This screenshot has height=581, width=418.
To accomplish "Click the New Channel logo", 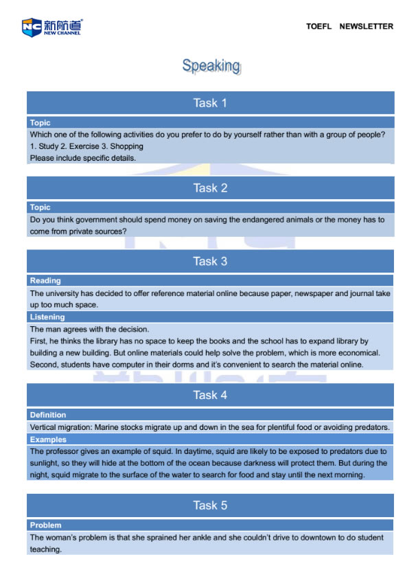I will [x=51, y=27].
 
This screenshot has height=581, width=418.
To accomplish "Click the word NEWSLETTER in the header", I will [x=367, y=27].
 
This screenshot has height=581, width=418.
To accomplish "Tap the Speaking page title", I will [x=211, y=66].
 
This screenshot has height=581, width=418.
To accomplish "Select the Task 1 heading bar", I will [x=210, y=103].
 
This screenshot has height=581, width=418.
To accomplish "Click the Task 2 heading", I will [x=210, y=188].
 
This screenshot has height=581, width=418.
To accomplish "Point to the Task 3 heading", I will [x=210, y=261].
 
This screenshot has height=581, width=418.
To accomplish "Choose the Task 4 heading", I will [x=210, y=395].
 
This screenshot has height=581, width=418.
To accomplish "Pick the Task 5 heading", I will [x=210, y=505].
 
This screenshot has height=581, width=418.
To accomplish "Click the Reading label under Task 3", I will [x=45, y=280].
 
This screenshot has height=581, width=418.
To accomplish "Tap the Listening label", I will [x=47, y=317].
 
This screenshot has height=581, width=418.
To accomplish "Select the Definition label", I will [x=48, y=415].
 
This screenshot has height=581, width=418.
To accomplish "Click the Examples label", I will [x=48, y=440].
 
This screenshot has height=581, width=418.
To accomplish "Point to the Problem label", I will [x=45, y=525].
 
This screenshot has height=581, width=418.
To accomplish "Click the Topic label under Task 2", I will [x=40, y=207].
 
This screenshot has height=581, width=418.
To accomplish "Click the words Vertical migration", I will [x=60, y=427].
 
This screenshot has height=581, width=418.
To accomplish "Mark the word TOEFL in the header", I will [x=318, y=27].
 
